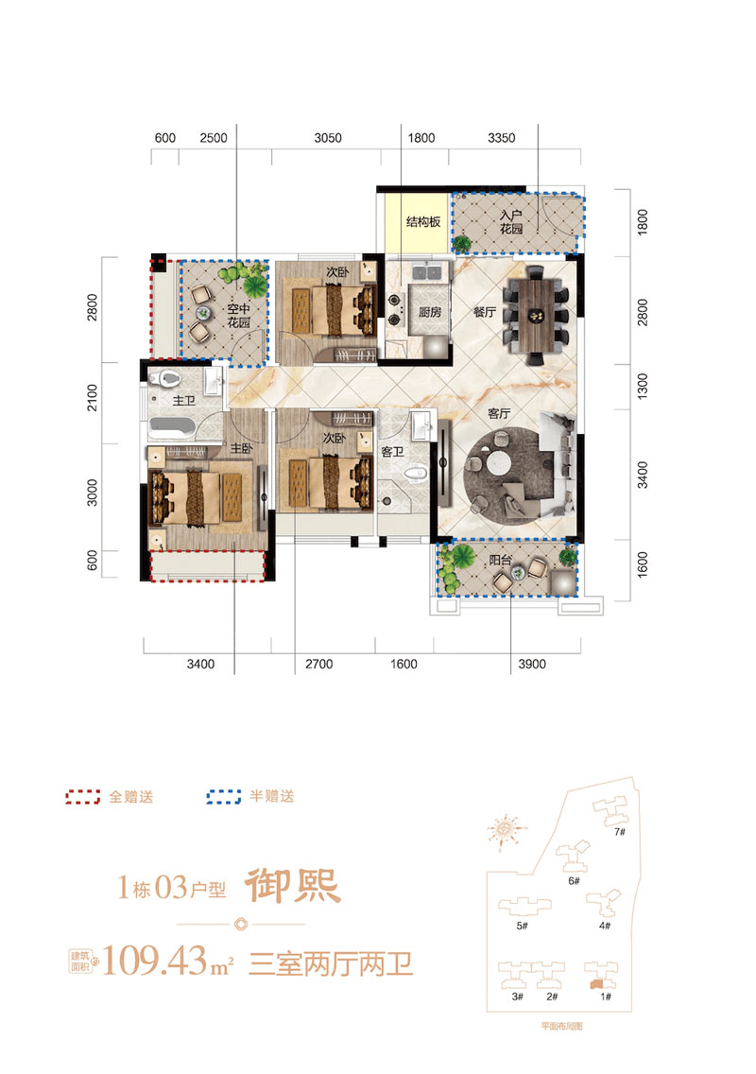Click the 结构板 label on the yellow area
coord(424,223)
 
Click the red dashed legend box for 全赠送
coord(83,796)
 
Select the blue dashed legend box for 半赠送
coord(223,796)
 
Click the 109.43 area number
coord(163,961)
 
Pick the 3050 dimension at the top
coord(327,138)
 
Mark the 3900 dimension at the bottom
coord(533,665)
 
